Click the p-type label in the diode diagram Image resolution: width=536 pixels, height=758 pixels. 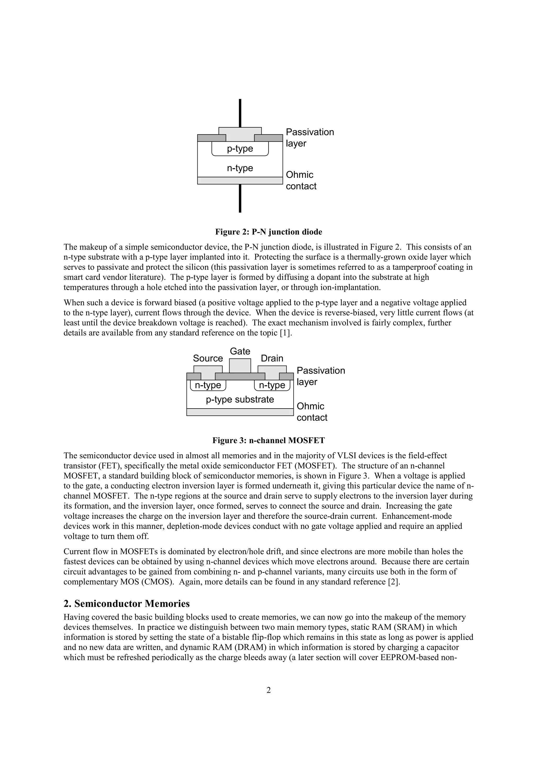[240, 149]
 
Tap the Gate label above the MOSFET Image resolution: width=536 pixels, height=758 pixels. [240, 351]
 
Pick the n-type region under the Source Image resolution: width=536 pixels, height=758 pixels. [208, 385]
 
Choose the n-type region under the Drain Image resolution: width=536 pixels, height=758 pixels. [272, 385]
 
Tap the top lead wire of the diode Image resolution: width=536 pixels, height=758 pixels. [240, 112]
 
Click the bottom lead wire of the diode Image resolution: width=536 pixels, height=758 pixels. [240, 198]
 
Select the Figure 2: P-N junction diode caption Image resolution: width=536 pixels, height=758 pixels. [269, 232]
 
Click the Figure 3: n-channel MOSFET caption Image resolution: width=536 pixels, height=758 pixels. [269, 440]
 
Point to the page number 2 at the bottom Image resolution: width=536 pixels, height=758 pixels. [269, 690]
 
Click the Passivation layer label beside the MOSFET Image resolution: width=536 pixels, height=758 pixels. [320, 376]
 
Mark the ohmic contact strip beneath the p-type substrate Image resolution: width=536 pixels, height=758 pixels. [240, 412]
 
